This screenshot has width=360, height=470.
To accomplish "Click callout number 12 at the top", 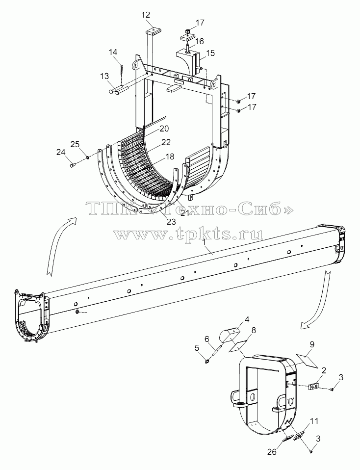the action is coord(146,15).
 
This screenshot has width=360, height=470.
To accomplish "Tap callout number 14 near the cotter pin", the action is coord(113,52).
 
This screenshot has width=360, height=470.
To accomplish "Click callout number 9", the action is coord(312,345).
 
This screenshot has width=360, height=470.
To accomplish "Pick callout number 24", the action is coord(61,153).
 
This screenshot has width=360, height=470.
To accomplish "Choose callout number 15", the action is coord(210,53).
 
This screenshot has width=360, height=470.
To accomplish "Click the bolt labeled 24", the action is coord(72,164).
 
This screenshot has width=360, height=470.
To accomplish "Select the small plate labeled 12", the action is coord(154,31).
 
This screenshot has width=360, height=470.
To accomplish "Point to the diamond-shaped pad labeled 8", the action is coord(238,347).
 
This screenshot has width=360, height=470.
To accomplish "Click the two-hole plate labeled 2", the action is coord(313,387).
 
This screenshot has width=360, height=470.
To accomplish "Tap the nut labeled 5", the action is coord(207,363).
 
